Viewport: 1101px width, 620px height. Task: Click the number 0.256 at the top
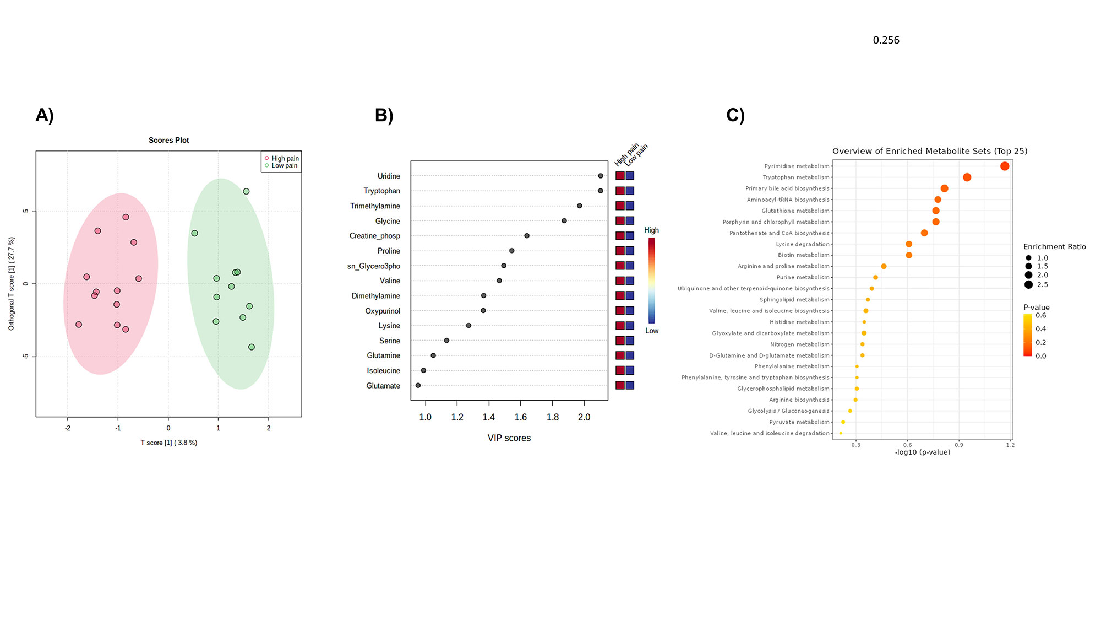[x=886, y=40]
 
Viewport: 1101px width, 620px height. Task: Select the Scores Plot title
[x=168, y=140]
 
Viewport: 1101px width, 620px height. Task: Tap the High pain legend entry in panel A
[x=285, y=158]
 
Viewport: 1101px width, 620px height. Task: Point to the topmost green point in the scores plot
[x=246, y=191]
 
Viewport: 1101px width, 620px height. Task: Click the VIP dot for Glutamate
[x=418, y=385]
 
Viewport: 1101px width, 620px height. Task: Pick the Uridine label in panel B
[x=389, y=176]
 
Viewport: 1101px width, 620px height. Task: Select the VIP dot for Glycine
[x=564, y=221]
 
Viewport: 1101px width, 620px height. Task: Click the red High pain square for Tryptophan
[x=620, y=191]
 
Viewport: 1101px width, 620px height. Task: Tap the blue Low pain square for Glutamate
[x=630, y=385]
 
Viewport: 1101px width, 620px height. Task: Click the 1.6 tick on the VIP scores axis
[x=520, y=417]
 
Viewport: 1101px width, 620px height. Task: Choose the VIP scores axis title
[x=509, y=438]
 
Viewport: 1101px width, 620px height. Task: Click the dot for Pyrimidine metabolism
[x=1005, y=166]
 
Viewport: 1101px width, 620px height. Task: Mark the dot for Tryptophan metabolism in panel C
[x=967, y=177]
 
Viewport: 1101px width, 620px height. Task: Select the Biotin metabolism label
[x=803, y=255]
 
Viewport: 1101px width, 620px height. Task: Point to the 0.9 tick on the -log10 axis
[x=959, y=445]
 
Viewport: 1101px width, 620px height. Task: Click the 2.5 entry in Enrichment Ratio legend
[x=1042, y=285]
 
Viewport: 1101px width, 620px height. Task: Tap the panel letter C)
[x=735, y=115]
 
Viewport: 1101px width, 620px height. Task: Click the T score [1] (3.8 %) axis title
[x=168, y=443]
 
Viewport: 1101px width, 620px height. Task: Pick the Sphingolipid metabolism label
[x=794, y=300]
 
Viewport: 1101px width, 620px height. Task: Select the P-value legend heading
[x=1036, y=308]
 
